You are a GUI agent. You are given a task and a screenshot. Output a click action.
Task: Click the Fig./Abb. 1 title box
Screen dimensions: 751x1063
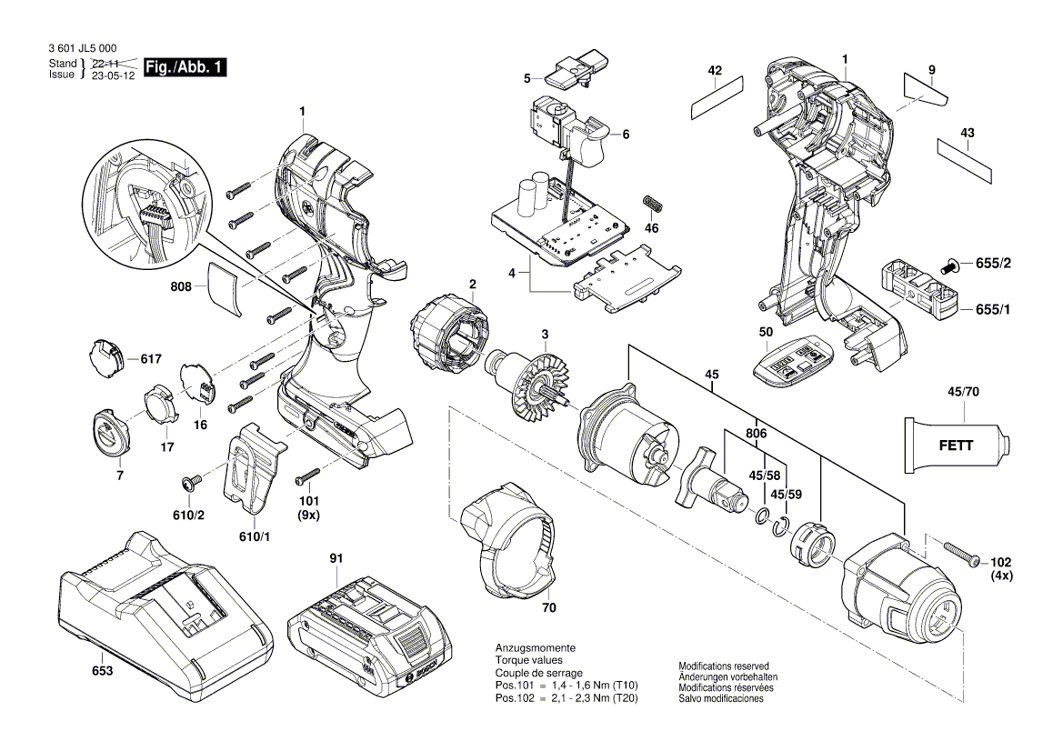pyautogui.click(x=182, y=68)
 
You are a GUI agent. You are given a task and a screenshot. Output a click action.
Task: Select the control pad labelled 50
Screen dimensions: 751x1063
pyautogui.click(x=791, y=363)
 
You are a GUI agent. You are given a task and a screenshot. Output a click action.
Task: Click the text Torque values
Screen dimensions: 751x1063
pyautogui.click(x=528, y=659)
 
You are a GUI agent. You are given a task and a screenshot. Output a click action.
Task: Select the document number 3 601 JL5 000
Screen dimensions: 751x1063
pyautogui.click(x=81, y=48)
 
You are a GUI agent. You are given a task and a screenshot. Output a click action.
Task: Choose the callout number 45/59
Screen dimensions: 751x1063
pyautogui.click(x=787, y=495)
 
